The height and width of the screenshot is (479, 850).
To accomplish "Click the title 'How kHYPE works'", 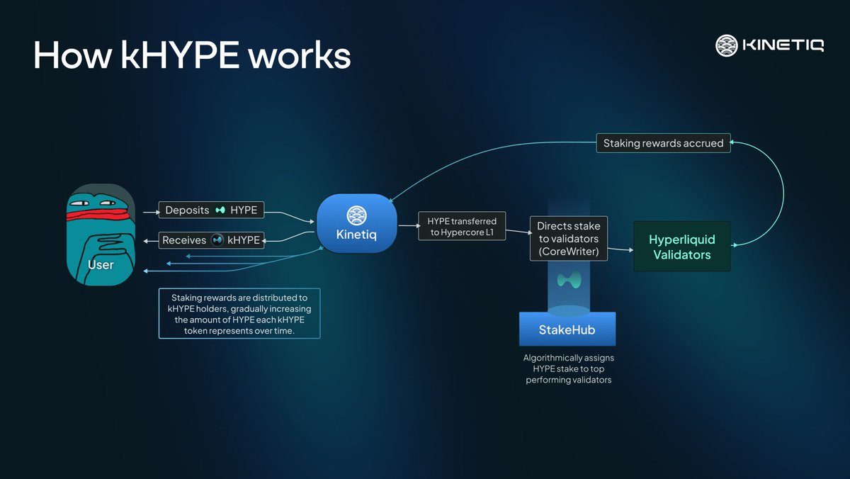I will (192, 55).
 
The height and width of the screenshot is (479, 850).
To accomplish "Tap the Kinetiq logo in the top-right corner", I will (769, 46).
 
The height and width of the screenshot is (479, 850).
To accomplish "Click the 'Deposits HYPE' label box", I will (211, 210).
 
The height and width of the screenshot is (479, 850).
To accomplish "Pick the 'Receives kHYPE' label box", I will (211, 240).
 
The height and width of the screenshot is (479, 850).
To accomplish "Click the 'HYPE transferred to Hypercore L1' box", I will (462, 227).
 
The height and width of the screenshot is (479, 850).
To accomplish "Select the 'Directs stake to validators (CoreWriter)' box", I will (568, 239).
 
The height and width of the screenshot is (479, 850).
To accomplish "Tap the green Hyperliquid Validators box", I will (681, 247).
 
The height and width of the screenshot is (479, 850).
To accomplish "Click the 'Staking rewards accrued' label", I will (663, 143).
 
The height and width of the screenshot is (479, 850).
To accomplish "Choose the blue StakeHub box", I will (567, 329).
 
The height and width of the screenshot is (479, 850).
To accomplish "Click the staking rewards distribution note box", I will (239, 313).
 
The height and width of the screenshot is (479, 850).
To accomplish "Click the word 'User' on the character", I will (101, 265).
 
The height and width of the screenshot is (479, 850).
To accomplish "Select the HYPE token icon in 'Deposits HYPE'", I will (220, 210).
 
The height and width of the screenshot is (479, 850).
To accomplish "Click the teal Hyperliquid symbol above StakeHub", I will (568, 279).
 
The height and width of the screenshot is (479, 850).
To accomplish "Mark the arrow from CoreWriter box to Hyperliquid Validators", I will (620, 249).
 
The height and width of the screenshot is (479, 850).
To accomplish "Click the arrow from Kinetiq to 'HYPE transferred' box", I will (407, 227).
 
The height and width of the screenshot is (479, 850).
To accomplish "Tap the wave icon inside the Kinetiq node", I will (356, 215).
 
